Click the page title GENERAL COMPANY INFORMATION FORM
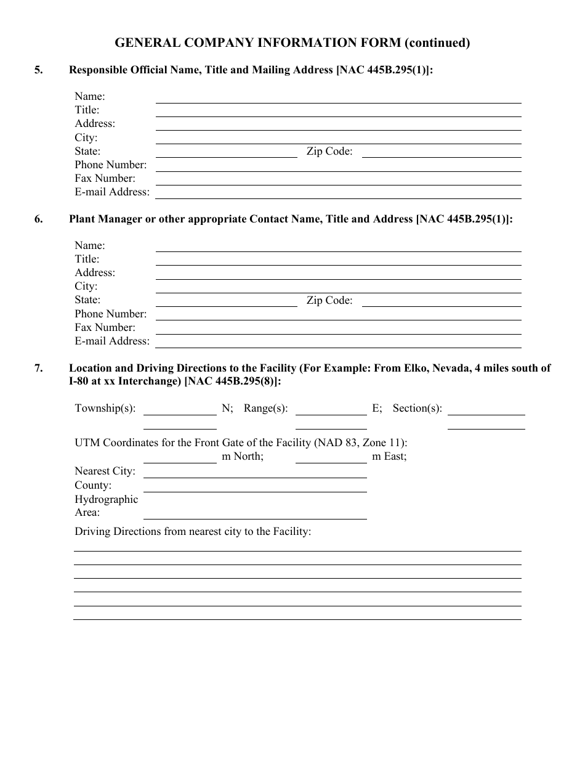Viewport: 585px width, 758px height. click(292, 43)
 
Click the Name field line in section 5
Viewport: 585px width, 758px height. click(338, 99)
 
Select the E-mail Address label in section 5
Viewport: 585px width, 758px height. click(112, 192)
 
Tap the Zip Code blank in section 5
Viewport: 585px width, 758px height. click(441, 153)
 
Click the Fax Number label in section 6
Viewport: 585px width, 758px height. click(105, 328)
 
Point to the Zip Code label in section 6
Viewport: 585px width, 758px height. click(329, 301)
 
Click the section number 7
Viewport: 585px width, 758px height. click(39, 369)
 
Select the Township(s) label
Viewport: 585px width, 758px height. click(105, 409)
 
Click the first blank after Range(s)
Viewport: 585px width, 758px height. click(331, 411)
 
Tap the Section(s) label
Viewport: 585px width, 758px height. click(417, 409)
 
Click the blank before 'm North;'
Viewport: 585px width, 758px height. click(180, 459)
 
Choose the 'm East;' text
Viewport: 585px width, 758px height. click(389, 457)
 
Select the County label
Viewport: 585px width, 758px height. click(93, 486)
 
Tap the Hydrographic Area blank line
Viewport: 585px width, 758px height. click(255, 515)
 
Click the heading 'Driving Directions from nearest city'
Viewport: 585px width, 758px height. click(193, 531)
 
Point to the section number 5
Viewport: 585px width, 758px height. click(39, 70)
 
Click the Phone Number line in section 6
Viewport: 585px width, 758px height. click(338, 316)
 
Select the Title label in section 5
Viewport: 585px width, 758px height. click(87, 110)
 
